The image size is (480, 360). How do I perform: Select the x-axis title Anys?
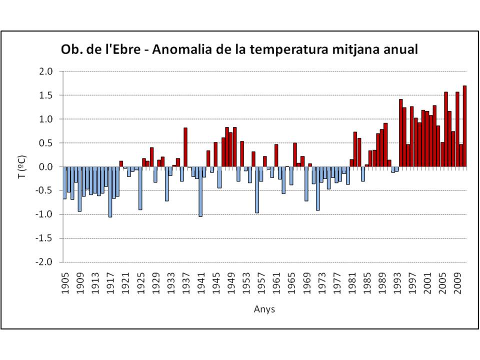click(264, 309)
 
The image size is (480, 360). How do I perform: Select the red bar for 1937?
click(185, 147)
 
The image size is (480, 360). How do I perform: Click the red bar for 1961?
click(276, 155)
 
